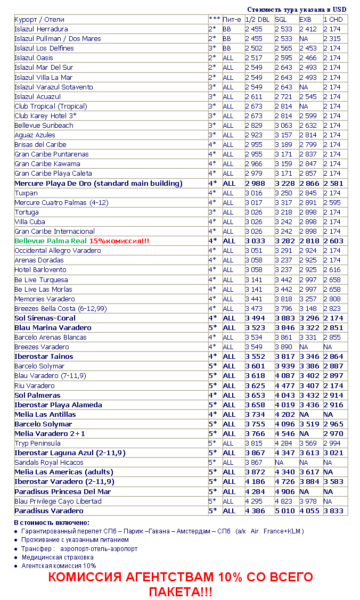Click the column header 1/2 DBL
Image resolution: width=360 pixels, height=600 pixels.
coord(257,20)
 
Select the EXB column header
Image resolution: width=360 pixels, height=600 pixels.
coord(305,20)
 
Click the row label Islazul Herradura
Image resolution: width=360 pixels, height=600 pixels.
coord(41,29)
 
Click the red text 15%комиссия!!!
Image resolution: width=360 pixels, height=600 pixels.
coord(119,241)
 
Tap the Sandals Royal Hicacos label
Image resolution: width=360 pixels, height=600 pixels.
coord(49,462)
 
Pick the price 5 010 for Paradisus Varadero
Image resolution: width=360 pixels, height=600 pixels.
coord(285,511)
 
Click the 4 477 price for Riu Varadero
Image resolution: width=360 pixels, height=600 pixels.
coord(285,385)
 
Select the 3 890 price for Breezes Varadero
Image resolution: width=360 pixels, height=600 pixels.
coord(285,347)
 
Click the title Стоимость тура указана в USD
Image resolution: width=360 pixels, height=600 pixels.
coord(297,10)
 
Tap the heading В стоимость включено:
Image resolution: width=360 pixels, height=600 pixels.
coord(52,523)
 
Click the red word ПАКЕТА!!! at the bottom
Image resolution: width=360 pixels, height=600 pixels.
coord(181,591)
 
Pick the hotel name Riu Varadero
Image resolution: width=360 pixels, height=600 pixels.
coord(35,385)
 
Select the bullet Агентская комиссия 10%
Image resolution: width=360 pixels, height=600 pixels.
coord(59,565)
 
